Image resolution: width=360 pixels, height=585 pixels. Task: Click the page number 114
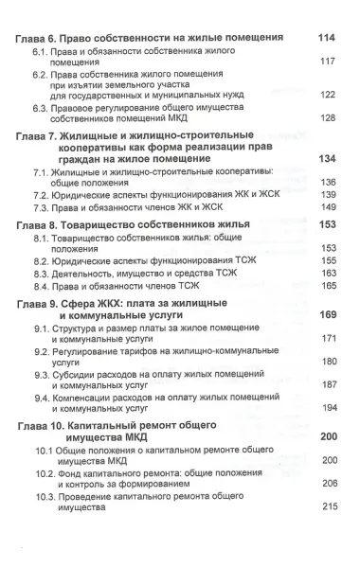(329, 37)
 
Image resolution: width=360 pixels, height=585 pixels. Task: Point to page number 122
(329, 95)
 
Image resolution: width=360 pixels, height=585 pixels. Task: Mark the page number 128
(329, 117)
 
